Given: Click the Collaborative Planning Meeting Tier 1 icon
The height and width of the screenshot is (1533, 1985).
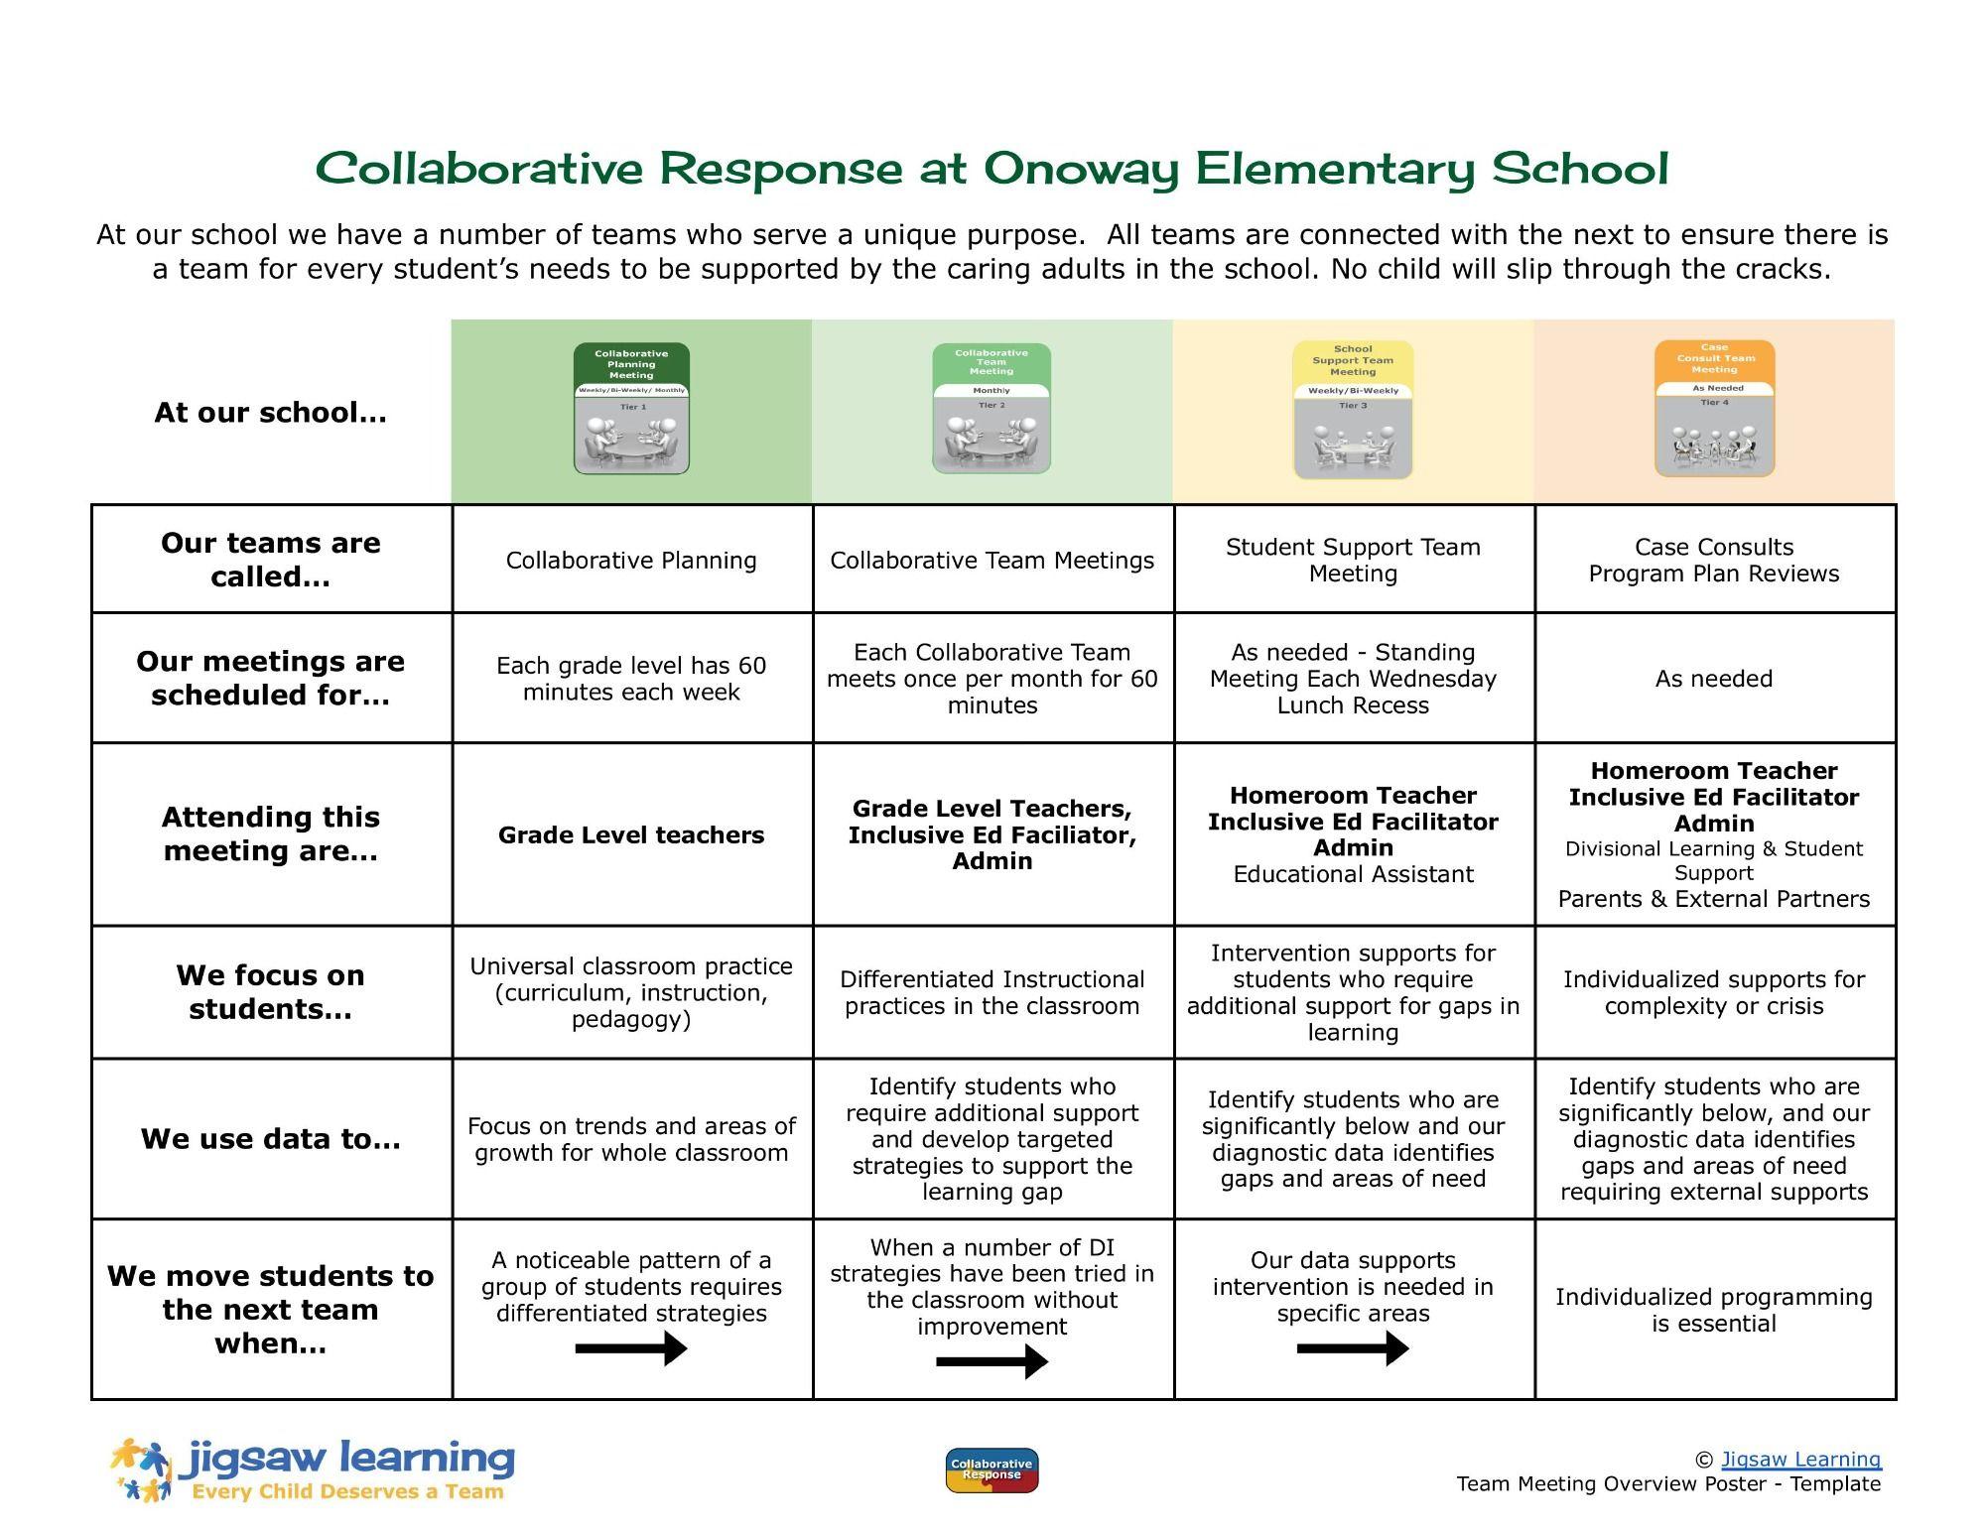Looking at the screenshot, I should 631,409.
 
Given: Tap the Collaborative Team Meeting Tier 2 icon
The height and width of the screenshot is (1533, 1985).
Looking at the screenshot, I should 992,409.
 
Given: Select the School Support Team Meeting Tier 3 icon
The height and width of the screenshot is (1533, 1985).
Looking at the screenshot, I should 1353,410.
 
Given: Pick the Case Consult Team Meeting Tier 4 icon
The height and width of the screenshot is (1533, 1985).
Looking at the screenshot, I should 1714,409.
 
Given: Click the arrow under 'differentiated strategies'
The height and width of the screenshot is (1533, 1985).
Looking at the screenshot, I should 631,1348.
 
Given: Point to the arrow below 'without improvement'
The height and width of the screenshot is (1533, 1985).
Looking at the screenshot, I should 992,1361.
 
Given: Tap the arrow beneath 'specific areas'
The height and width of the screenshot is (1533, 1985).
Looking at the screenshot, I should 1353,1348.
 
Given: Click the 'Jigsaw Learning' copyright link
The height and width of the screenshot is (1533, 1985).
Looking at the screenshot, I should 1800,1459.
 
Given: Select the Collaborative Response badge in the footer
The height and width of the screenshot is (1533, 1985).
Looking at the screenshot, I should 992,1469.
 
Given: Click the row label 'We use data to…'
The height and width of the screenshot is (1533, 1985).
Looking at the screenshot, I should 271,1139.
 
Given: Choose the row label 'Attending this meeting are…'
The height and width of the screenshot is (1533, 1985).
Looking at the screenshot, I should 271,833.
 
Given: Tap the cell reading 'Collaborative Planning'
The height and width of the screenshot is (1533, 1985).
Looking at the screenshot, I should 631,561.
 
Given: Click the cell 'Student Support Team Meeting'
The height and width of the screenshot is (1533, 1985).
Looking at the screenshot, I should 1353,561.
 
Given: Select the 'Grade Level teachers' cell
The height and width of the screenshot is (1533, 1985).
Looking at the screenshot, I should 631,835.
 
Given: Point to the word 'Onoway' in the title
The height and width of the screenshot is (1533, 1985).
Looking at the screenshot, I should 1082,169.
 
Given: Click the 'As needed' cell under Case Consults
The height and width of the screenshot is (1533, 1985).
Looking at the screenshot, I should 1714,679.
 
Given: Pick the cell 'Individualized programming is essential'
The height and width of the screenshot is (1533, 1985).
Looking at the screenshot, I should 1714,1310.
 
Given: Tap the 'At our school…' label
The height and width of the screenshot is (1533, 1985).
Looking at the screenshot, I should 270,413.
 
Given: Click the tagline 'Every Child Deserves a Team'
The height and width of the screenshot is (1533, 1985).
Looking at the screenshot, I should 347,1491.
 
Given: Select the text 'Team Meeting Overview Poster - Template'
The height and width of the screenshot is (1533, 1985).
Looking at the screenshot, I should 1668,1483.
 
